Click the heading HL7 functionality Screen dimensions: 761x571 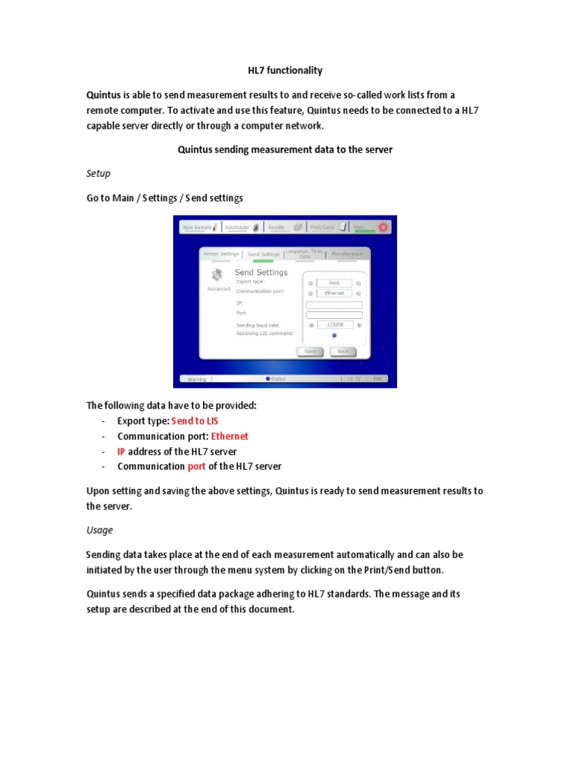coord(285,71)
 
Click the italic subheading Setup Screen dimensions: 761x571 coord(98,173)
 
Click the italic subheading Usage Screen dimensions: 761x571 coord(100,530)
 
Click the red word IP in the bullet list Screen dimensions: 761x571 coord(121,451)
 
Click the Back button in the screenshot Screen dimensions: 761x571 coord(342,351)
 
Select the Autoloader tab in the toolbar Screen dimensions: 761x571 coord(241,227)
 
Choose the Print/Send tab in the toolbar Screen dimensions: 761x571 coord(326,227)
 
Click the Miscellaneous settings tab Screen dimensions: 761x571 coord(347,253)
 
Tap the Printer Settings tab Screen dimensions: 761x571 coord(221,253)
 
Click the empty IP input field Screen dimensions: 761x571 coord(334,304)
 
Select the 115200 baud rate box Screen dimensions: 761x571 coord(334,325)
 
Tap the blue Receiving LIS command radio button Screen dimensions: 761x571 coord(334,335)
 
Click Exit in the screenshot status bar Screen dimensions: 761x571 coord(378,379)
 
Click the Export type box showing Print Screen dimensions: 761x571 coord(334,283)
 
